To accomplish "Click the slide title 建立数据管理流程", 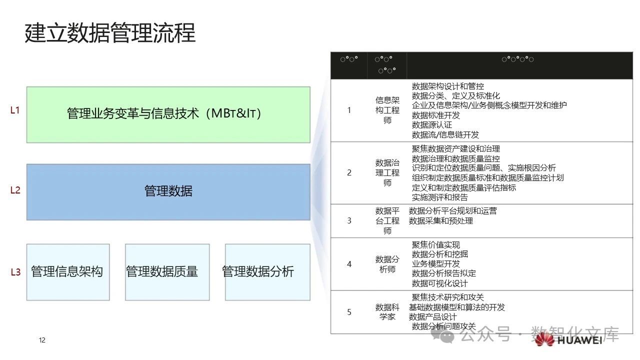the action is pyautogui.click(x=110, y=33).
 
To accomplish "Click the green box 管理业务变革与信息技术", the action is pyautogui.click(x=168, y=114).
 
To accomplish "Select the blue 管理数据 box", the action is pyautogui.click(x=168, y=191).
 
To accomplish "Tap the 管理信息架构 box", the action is pyautogui.click(x=67, y=272).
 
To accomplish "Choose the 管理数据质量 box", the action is pyautogui.click(x=167, y=272).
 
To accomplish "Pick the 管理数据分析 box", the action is pyautogui.click(x=267, y=272).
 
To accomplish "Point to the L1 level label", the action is pyautogui.click(x=15, y=110).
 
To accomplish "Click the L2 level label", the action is pyautogui.click(x=15, y=190).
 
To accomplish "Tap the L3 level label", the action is pyautogui.click(x=15, y=272).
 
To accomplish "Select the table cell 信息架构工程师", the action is pyautogui.click(x=387, y=110).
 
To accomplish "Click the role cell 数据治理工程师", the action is pyautogui.click(x=387, y=173).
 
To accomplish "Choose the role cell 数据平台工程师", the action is pyautogui.click(x=387, y=221).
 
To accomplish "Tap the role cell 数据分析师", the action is pyautogui.click(x=387, y=264).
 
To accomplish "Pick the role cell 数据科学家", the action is pyautogui.click(x=387, y=312).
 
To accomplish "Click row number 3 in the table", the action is pyautogui.click(x=349, y=220).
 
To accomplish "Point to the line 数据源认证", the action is pyautogui.click(x=431, y=125).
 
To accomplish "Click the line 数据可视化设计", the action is pyautogui.click(x=439, y=283).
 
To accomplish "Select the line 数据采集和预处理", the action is pyautogui.click(x=440, y=221).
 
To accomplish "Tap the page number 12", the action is pyautogui.click(x=42, y=340).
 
